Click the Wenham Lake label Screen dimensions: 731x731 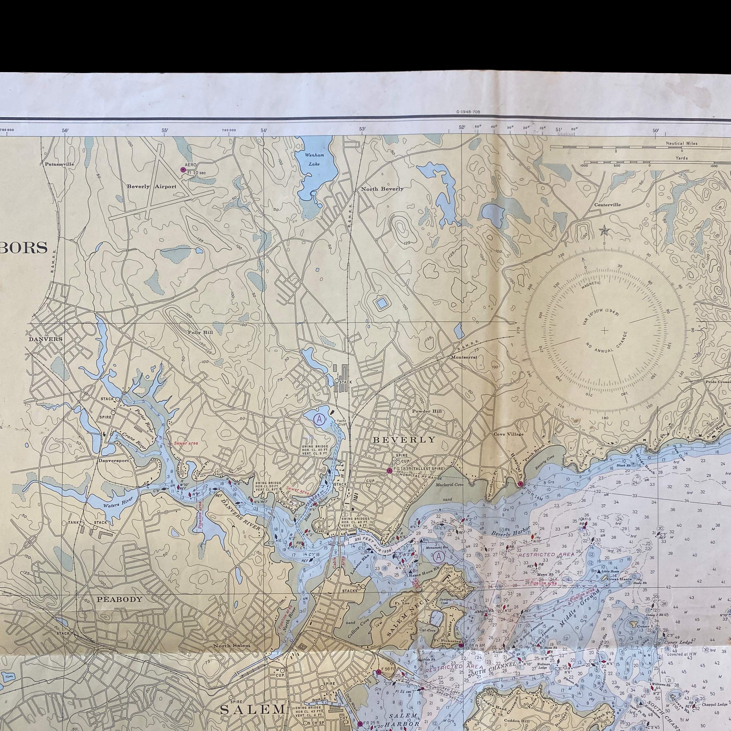click(x=314, y=159)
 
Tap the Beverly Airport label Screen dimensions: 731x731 click(x=151, y=187)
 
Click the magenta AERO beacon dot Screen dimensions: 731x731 click(x=183, y=170)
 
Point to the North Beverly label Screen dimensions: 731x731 click(x=382, y=189)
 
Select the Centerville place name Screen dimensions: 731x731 click(x=607, y=205)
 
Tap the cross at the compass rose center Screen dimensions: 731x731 click(x=604, y=330)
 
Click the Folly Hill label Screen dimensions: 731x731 click(x=200, y=332)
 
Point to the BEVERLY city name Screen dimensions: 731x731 click(x=404, y=440)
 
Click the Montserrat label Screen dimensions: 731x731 click(x=463, y=357)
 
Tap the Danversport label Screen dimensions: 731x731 click(x=114, y=461)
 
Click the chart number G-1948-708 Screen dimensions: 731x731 click(x=468, y=112)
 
